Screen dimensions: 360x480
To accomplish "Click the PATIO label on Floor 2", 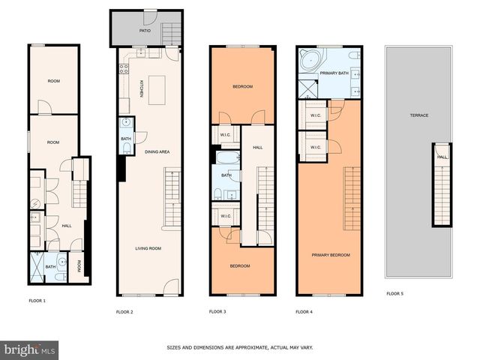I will pos(145,31).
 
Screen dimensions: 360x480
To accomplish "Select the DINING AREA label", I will pos(157,151).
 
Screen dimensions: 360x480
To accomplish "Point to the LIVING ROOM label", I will pos(148,248).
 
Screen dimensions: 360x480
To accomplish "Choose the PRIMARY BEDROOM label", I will pos(331,255).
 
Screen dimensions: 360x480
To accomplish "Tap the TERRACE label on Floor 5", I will pos(418,115).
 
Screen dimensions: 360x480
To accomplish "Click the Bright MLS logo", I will pos(30,349).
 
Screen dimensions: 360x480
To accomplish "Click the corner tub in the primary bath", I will pos(307,61).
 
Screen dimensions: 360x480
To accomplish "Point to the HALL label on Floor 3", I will pos(258,147).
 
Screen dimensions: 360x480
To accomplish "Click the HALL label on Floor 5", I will pos(442,157).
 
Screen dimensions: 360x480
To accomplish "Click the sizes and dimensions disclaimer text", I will pos(240,347).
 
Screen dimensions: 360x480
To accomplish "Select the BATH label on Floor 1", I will pos(50,266).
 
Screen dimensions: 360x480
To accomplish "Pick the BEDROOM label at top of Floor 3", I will pos(241,87).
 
